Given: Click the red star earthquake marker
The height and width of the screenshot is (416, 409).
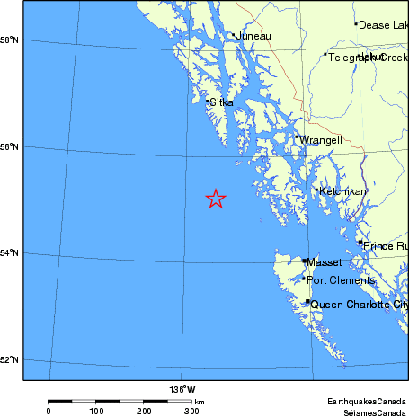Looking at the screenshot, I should (216, 199).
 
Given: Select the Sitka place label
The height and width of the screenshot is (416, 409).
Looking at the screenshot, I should (222, 103).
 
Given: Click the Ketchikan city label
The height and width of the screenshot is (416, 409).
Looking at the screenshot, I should (343, 191).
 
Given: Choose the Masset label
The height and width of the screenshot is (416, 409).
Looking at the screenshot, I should (325, 262).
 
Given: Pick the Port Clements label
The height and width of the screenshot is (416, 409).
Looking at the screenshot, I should (341, 280).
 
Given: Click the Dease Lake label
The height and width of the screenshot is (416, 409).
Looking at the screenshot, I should (383, 25).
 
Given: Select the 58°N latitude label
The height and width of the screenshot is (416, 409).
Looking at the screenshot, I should (11, 40).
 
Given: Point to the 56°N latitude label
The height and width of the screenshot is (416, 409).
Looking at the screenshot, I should (11, 146).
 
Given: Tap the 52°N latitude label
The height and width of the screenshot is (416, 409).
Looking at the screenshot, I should (11, 360).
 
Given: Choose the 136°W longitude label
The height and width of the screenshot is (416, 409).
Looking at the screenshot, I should (182, 389).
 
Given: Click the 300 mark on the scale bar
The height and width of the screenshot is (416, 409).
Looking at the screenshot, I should (191, 411).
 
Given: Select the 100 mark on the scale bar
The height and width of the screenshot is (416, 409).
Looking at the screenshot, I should (96, 411).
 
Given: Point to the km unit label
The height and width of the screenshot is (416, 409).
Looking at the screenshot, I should (199, 402).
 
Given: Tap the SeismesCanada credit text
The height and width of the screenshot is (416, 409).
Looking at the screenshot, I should (370, 412).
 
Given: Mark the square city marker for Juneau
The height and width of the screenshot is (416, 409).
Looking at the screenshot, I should (234, 35).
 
